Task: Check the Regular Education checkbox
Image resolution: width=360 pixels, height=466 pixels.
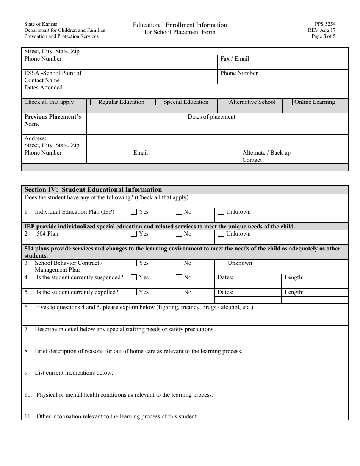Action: pos(93,102)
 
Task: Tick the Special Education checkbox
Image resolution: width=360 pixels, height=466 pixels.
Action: pos(158,102)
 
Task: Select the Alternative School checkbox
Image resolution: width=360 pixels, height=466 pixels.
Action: pos(224,102)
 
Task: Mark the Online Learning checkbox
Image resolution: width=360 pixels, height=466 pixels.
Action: pos(289,102)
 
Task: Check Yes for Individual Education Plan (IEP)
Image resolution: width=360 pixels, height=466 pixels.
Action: pos(134,212)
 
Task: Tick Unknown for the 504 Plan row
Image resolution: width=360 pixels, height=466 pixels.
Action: pos(221,234)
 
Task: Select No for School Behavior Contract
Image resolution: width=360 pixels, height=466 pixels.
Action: pos(179,263)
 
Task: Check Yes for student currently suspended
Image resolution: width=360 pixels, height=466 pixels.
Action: pos(134,277)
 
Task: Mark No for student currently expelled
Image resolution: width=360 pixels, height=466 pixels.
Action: pos(179,292)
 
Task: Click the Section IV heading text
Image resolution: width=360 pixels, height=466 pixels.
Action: pos(93,189)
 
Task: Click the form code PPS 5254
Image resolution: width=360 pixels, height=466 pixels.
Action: pos(325,23)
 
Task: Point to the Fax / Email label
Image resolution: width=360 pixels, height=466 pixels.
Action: pos(235,59)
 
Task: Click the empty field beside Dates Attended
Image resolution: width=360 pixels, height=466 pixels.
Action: pos(225,91)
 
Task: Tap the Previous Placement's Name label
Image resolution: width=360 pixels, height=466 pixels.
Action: pos(53,120)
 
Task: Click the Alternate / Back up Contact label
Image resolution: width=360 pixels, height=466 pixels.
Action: pos(266,156)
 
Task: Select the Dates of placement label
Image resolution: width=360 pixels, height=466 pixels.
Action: pos(211,117)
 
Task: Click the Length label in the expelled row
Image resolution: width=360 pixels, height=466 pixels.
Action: pos(294,292)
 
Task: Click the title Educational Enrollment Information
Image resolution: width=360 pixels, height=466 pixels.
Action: pos(180,25)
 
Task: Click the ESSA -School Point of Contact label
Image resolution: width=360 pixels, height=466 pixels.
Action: pos(53,77)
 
